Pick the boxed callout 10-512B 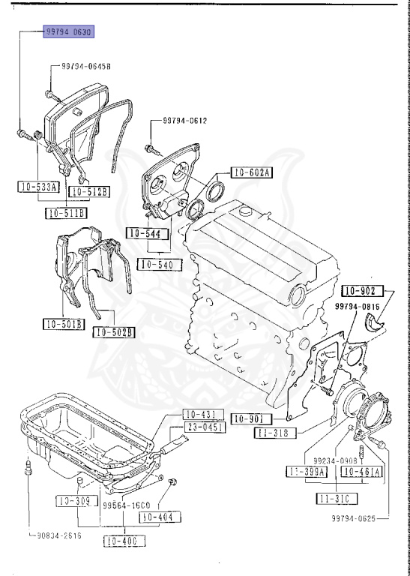pos(89,192)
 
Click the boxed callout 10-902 pos(364,291)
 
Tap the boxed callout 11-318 pos(277,433)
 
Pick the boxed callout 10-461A pos(362,472)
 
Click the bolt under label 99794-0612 pos(151,148)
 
